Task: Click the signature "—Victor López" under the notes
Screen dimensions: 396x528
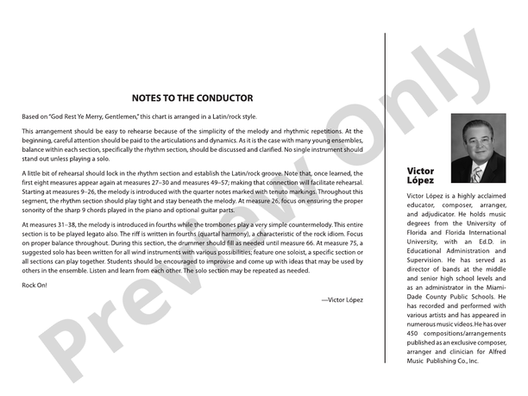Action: click(342, 299)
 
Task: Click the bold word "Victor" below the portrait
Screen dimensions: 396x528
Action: click(420, 172)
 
